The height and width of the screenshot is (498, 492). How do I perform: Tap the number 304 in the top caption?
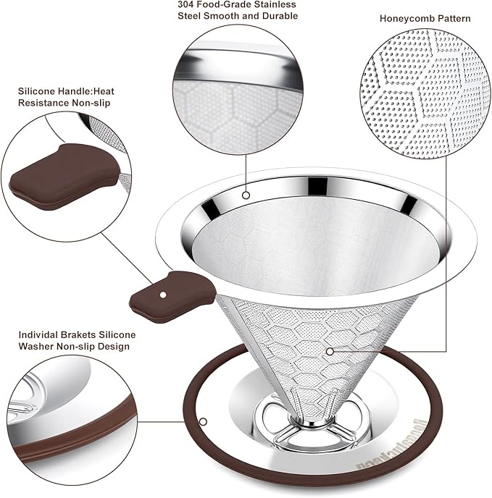click(186, 4)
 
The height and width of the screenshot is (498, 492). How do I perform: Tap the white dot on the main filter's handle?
click(164, 295)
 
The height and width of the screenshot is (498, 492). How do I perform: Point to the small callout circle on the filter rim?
click(246, 195)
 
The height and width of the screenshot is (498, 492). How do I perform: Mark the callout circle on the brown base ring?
click(204, 420)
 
